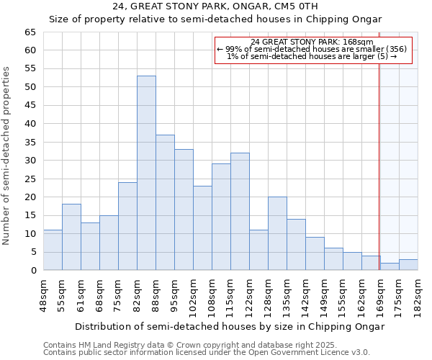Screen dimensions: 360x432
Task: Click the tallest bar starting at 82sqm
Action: pos(146,173)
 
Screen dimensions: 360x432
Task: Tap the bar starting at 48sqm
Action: pos(53,250)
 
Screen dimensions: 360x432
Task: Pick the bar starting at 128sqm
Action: pos(277,233)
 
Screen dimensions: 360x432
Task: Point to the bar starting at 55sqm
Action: pos(71,237)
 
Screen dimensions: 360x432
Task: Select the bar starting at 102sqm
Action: pos(202,228)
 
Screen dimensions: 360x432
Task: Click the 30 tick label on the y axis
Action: pos(30,161)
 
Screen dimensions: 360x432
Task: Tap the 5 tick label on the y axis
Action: pos(32,252)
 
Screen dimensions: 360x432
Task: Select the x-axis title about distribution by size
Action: pos(230,326)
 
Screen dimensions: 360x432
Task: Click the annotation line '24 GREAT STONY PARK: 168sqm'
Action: pos(312,42)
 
